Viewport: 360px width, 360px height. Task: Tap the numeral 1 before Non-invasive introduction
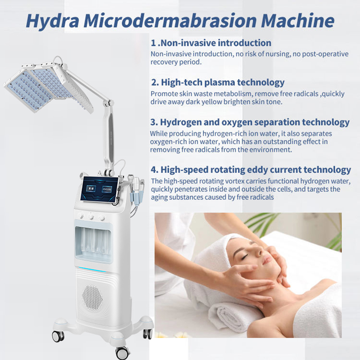pos(153,43)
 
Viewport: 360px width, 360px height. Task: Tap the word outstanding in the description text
pos(277,141)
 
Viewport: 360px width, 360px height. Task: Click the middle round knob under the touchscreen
pos(90,217)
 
